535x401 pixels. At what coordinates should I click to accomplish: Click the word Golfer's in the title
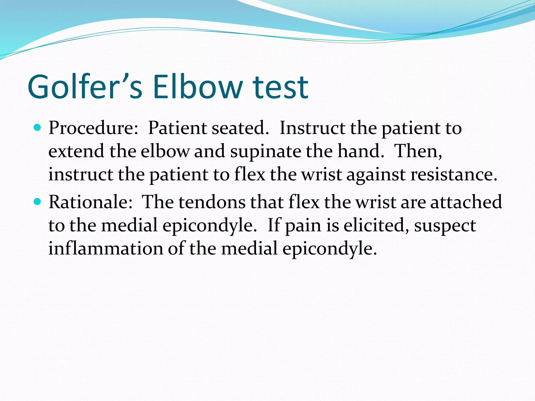[85, 87]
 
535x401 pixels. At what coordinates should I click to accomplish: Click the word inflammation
[106, 248]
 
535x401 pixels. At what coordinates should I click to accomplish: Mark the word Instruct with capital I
[312, 128]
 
